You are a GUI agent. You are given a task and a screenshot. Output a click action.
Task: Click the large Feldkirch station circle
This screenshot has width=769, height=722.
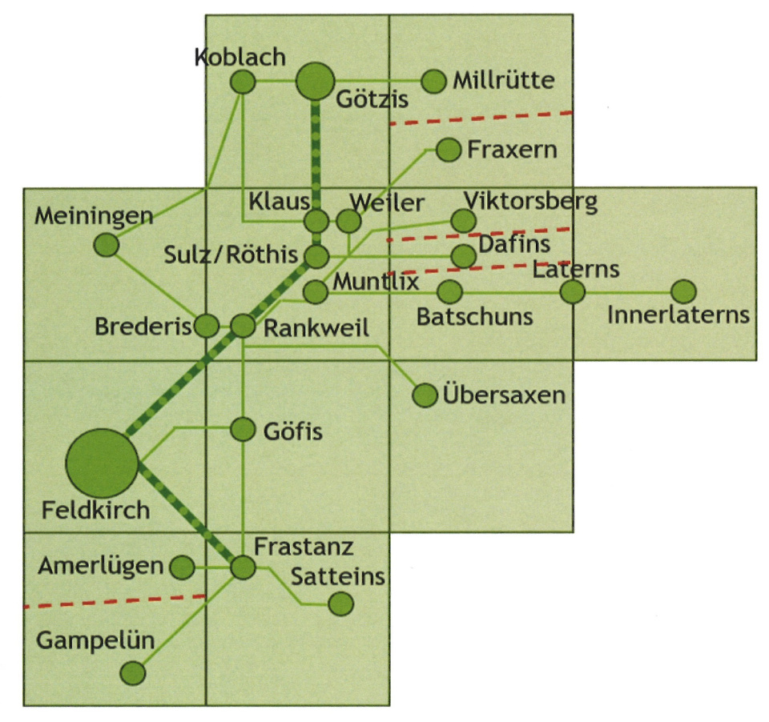pos(102,463)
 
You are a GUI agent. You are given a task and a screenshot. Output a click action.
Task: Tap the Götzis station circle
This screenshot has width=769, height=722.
pos(315,81)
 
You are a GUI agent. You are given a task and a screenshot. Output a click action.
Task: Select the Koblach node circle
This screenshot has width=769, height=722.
pos(242,82)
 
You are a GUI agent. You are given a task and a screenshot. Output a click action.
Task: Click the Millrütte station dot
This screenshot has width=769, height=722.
pos(433,81)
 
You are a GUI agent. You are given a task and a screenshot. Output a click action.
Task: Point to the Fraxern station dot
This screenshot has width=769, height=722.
pos(448,150)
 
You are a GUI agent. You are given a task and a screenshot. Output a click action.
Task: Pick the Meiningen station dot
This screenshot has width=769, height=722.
pos(106,245)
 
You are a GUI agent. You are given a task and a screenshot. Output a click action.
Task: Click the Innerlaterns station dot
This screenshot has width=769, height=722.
pos(683,292)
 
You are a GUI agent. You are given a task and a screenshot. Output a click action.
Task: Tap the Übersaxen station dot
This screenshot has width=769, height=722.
pos(425,395)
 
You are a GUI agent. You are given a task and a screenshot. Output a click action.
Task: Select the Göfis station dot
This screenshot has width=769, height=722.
pos(243,430)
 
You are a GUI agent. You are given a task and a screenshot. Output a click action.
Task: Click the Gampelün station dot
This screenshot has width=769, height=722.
pos(133,673)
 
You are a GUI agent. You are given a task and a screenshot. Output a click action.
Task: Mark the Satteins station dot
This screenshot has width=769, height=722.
pos(341,604)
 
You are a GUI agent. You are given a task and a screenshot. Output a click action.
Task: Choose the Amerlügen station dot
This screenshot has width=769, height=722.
pos(183,568)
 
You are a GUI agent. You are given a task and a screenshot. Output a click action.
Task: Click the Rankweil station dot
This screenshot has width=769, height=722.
pos(243,326)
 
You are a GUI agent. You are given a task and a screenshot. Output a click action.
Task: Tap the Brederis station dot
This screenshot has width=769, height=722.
pos(207,326)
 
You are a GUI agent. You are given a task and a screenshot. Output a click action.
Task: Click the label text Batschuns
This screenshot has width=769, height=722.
pos(474,316)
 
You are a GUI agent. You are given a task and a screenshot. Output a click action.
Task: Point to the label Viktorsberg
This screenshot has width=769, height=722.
pos(530,200)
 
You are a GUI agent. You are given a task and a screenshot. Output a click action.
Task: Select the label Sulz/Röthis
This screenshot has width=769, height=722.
pos(231,255)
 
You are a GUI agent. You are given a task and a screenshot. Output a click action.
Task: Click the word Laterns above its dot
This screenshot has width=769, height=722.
pos(576,268)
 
